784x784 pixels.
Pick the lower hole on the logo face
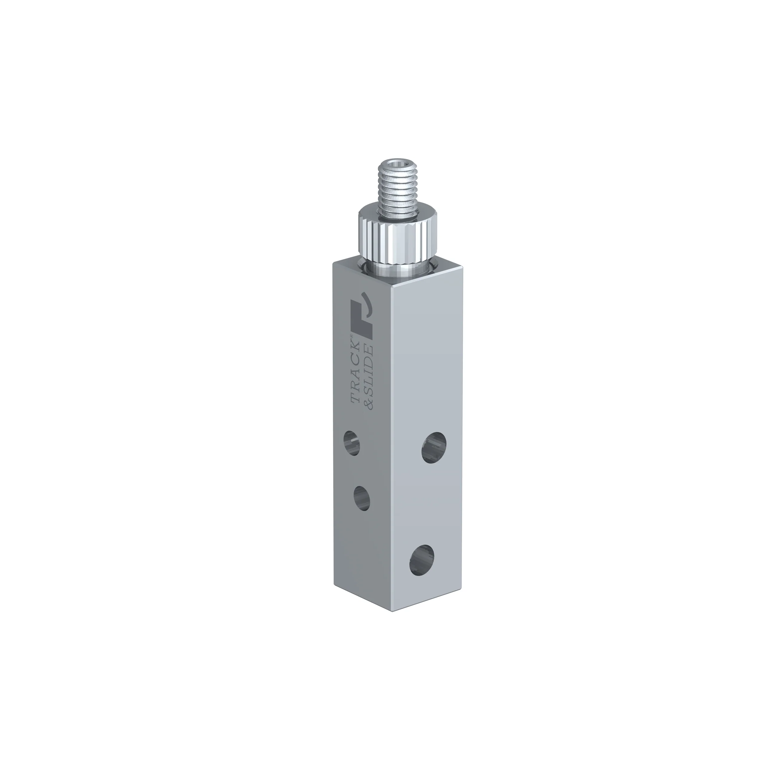tap(362, 498)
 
